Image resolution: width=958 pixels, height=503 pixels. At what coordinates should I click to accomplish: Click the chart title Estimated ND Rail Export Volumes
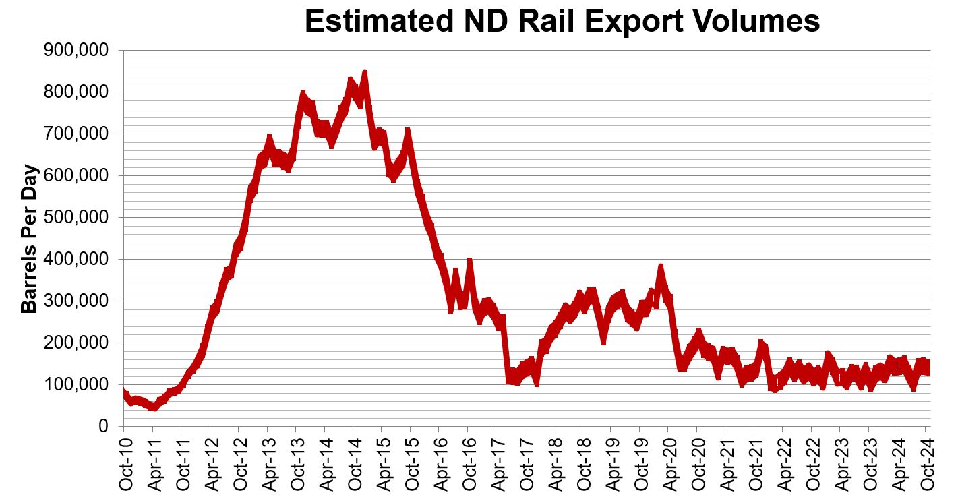pyautogui.click(x=562, y=21)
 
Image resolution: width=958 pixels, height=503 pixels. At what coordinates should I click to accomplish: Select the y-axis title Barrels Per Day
pyautogui.click(x=29, y=239)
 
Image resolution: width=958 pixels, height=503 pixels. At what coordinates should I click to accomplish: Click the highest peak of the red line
pyautogui.click(x=364, y=72)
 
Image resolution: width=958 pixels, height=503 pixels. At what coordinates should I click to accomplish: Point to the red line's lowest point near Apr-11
pyautogui.click(x=154, y=407)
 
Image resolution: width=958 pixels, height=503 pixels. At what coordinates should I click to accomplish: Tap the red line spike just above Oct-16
pyautogui.click(x=469, y=260)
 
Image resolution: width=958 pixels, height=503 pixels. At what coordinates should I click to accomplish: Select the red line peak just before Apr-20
pyautogui.click(x=661, y=266)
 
